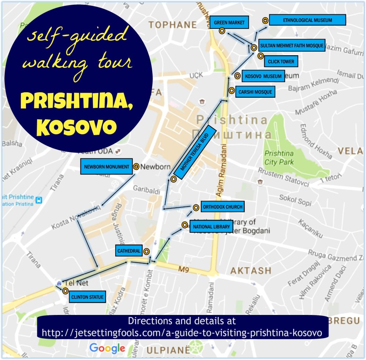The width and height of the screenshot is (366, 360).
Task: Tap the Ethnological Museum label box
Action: tap(307, 20)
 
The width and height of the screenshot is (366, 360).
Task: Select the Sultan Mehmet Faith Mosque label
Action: tap(291, 46)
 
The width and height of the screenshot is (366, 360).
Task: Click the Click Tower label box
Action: tap(281, 62)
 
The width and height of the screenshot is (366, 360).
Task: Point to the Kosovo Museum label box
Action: tap(263, 76)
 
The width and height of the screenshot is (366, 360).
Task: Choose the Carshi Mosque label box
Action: tap(255, 92)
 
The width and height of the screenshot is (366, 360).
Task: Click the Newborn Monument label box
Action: tap(107, 167)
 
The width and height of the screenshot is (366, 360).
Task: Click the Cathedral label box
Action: tap(128, 251)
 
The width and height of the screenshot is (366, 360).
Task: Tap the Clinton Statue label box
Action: tap(87, 297)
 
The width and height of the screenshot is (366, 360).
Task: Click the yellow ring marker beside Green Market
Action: tap(222, 31)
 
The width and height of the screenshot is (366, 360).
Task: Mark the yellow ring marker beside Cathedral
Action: tap(146, 251)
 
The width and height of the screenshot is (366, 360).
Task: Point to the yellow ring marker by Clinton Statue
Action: tap(65, 291)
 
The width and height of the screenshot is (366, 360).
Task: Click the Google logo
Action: tap(107, 348)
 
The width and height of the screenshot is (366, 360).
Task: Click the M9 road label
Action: tap(183, 270)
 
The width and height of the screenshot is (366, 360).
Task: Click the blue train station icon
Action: tap(39, 200)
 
